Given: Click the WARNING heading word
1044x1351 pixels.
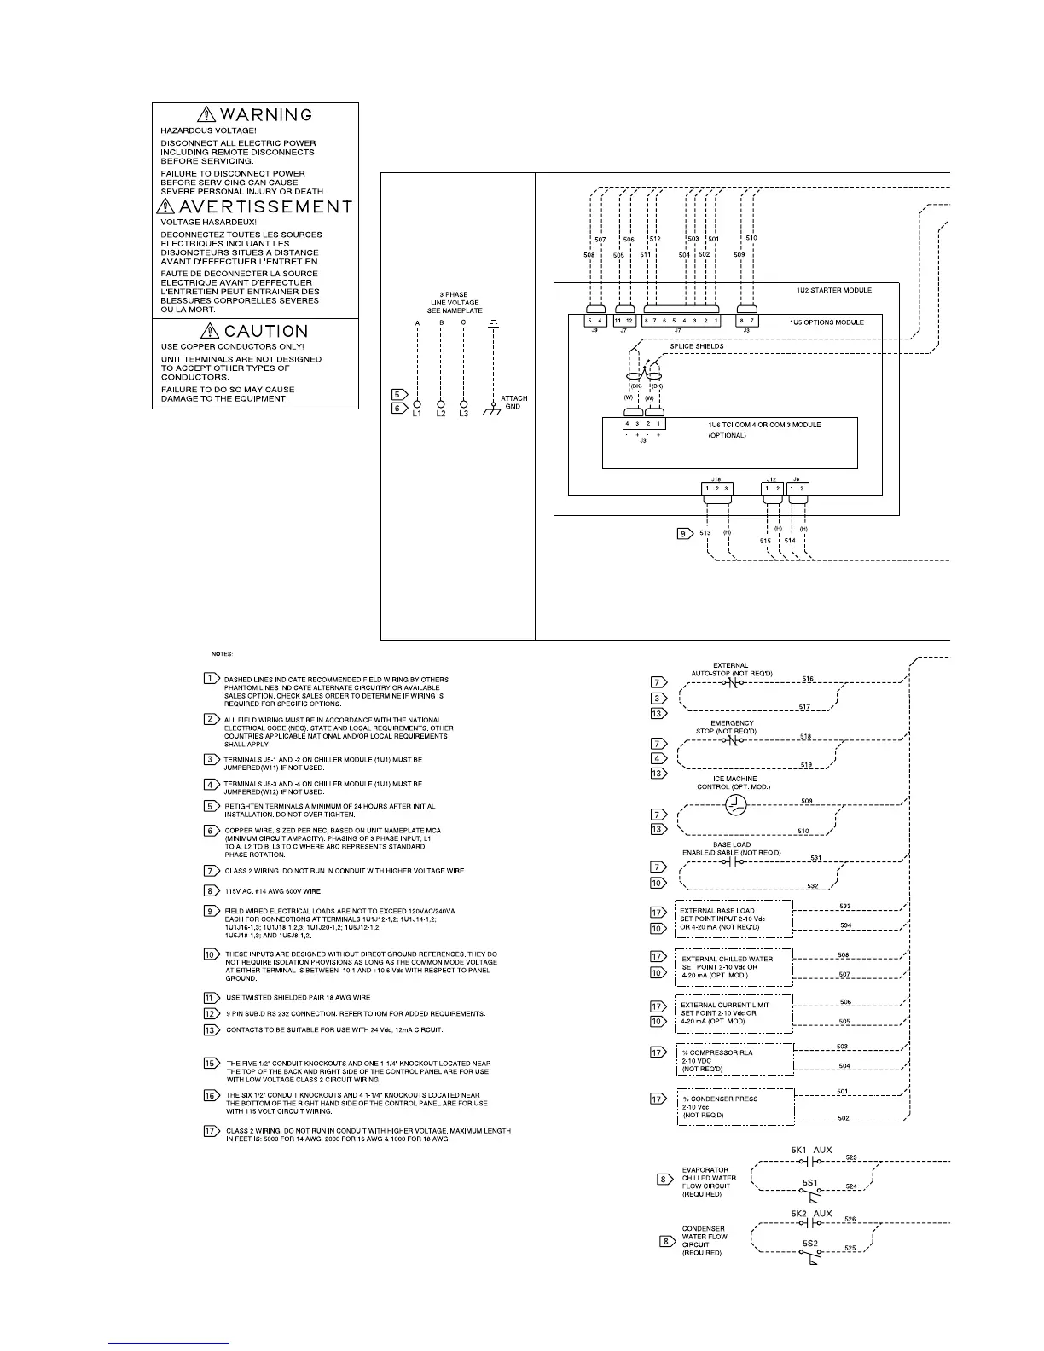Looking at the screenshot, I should [265, 114].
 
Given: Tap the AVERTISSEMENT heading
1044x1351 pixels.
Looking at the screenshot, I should [265, 207].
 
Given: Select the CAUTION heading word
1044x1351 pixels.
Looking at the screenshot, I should [265, 331].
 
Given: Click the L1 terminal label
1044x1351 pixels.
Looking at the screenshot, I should [417, 414].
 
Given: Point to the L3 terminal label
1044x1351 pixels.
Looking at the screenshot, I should [463, 414].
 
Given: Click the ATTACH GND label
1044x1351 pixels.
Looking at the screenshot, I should [513, 402].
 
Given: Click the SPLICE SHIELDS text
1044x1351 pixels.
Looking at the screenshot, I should [696, 346].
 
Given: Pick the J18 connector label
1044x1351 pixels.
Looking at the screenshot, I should [716, 480].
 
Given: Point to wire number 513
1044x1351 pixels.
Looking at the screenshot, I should [705, 533].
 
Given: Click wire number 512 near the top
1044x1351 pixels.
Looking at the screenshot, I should [655, 240].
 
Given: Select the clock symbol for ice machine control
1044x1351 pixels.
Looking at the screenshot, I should [735, 804].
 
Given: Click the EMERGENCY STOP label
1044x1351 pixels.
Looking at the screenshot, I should [731, 727].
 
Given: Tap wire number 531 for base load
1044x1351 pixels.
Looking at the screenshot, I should [815, 858].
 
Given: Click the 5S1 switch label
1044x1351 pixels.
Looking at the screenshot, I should [809, 1183].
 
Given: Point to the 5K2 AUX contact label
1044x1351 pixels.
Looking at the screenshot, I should [811, 1213].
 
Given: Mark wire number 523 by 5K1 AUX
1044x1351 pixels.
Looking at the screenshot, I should [851, 1157].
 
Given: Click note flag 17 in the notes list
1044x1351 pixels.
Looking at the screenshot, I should [212, 1131].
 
